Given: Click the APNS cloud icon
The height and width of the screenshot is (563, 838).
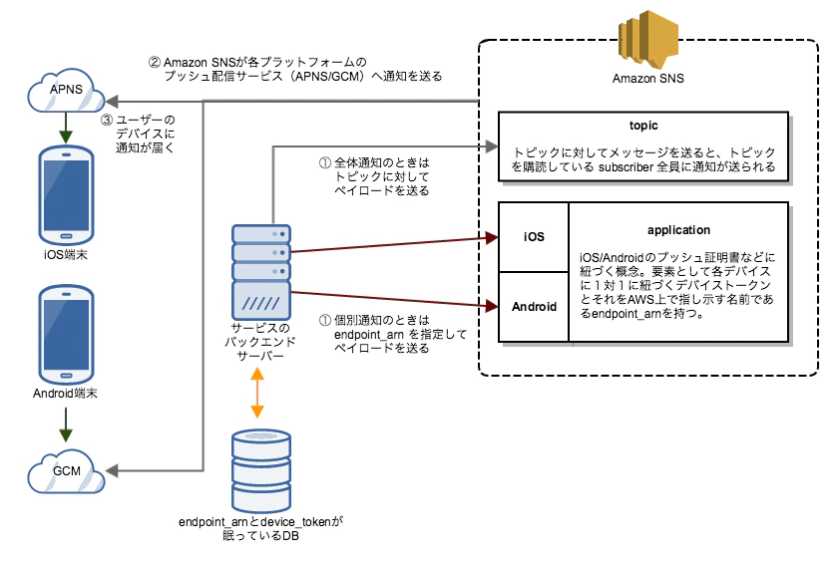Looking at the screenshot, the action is [x=66, y=91].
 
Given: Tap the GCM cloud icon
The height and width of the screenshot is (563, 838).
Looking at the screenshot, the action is [x=66, y=471].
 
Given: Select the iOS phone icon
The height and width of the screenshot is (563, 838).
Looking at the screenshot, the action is [x=66, y=195].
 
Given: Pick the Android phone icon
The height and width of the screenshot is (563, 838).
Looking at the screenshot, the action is [x=66, y=335].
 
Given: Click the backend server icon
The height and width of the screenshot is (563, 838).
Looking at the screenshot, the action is [x=261, y=272].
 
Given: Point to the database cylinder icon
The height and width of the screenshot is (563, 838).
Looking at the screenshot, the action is [x=261, y=471].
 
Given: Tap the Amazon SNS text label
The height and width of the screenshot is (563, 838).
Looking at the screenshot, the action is [x=647, y=79].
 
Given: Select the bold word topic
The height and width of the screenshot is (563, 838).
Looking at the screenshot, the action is [x=643, y=126].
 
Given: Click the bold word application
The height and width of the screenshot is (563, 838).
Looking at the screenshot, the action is [x=678, y=230].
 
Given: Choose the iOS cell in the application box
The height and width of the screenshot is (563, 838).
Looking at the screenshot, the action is [x=534, y=237].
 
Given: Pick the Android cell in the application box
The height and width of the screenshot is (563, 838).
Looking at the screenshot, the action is [x=534, y=307].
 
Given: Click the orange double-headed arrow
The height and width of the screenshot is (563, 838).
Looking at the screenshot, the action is [x=257, y=393].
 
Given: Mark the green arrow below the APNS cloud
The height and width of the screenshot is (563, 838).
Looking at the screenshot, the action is [x=66, y=129].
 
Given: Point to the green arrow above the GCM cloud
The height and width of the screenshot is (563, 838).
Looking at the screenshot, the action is [x=66, y=424].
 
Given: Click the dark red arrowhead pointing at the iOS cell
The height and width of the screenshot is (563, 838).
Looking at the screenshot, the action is [x=492, y=238].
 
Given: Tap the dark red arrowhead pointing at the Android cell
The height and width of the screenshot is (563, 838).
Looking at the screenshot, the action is [x=492, y=306].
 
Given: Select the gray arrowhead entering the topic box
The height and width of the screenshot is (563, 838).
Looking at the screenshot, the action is [x=492, y=146].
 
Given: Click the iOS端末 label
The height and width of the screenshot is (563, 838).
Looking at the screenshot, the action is [x=66, y=254].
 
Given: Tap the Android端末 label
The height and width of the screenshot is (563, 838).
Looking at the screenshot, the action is [x=65, y=394].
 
